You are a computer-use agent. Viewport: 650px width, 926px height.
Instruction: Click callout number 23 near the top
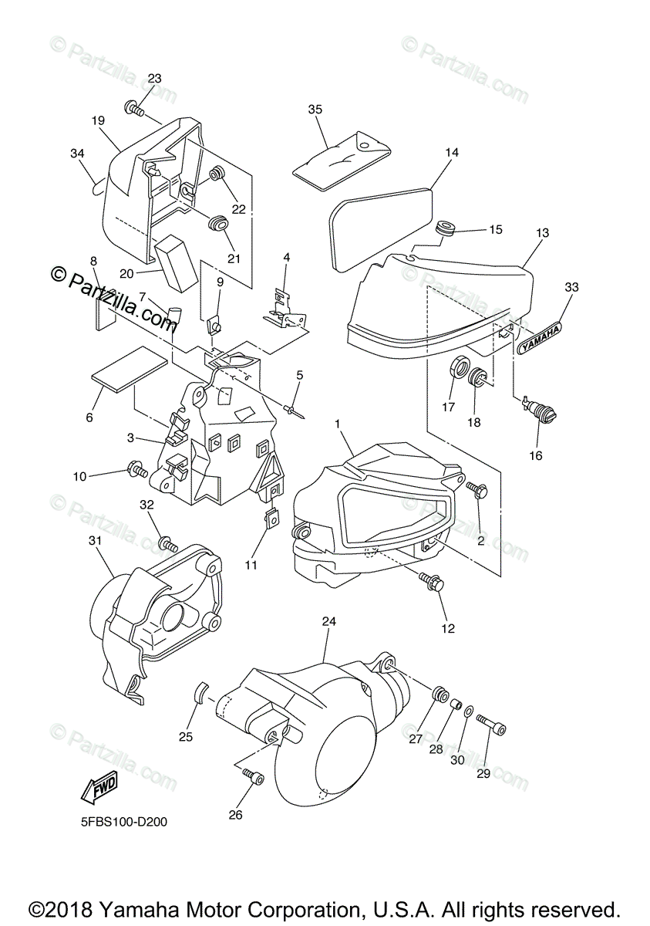point(154,79)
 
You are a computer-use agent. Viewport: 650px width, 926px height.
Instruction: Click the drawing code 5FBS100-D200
point(123,822)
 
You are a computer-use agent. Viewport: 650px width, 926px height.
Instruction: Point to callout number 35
point(315,109)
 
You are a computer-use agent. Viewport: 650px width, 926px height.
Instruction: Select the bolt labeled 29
point(490,726)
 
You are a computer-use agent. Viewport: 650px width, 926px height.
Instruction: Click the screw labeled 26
point(252,778)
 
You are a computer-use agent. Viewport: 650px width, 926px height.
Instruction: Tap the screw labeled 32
point(168,544)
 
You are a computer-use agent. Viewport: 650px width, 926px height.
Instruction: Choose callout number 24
point(329,621)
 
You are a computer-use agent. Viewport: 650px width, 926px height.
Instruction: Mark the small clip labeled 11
point(271,520)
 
